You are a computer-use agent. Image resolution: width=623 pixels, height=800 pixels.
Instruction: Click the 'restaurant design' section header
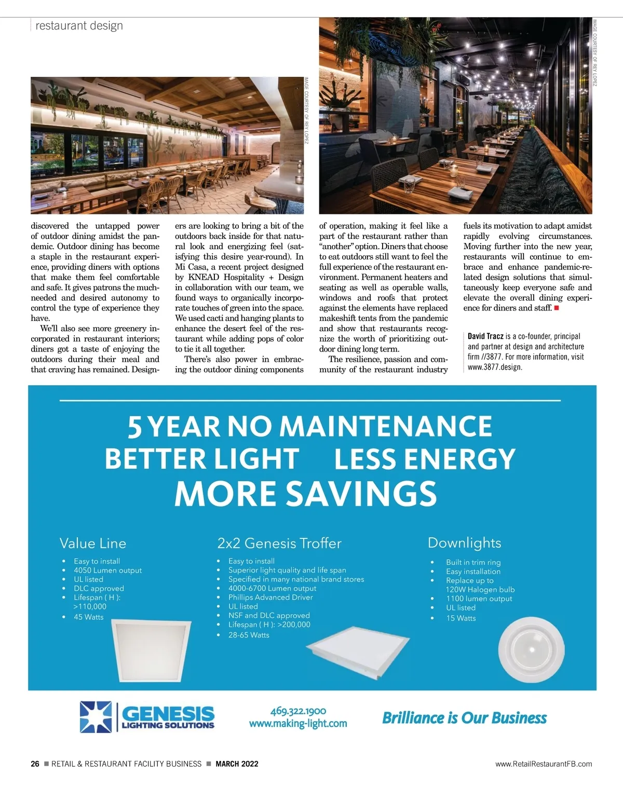pyautogui.click(x=79, y=25)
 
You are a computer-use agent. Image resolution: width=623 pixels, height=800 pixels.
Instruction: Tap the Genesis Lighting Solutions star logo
pyautogui.click(x=96, y=717)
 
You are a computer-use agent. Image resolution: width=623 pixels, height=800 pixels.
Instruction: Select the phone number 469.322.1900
pyautogui.click(x=298, y=711)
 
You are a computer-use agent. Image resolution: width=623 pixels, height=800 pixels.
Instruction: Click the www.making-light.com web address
pyautogui.click(x=298, y=723)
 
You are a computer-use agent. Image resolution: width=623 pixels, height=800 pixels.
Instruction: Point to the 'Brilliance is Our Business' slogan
pyautogui.click(x=464, y=718)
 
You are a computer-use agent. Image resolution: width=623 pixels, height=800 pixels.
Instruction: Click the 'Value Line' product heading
pyautogui.click(x=93, y=544)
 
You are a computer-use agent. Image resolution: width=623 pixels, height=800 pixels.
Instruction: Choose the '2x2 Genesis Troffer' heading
pyautogui.click(x=279, y=544)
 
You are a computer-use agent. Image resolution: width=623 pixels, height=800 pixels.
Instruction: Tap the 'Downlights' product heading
pyautogui.click(x=464, y=543)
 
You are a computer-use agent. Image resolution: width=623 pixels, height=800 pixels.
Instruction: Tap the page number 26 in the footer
pyautogui.click(x=35, y=764)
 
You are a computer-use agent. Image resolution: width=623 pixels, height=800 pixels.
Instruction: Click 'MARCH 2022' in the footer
pyautogui.click(x=237, y=764)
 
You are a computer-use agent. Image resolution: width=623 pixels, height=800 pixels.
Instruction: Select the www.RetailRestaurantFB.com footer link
pyautogui.click(x=544, y=764)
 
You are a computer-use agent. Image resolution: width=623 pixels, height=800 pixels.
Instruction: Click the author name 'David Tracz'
pyautogui.click(x=485, y=336)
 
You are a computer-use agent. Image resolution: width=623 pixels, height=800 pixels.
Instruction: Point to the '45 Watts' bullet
pyautogui.click(x=88, y=617)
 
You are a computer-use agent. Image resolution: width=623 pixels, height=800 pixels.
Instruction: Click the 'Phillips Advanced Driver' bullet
pyautogui.click(x=270, y=598)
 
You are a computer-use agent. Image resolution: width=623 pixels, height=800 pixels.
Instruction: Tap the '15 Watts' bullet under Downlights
pyautogui.click(x=461, y=618)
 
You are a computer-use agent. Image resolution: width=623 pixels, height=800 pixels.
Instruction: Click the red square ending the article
pyautogui.click(x=556, y=308)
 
